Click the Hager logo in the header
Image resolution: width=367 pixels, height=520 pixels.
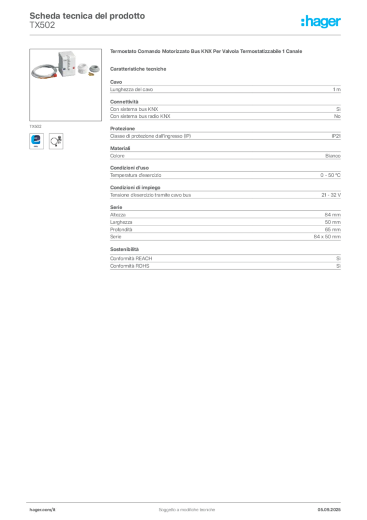(x=321, y=21)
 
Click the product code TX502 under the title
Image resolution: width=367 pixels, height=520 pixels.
(x=43, y=25)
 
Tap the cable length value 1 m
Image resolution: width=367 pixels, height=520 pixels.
(x=337, y=89)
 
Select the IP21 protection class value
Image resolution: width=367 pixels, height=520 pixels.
(x=336, y=136)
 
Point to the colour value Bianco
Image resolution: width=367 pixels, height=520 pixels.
(x=333, y=156)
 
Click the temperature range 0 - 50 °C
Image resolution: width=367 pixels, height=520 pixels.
(x=331, y=175)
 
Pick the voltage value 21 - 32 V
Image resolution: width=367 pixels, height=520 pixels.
(x=331, y=195)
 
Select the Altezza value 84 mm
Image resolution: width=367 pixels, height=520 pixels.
(x=333, y=215)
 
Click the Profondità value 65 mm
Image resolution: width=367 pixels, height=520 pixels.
(x=333, y=230)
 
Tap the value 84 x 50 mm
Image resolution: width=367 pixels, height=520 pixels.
(x=327, y=237)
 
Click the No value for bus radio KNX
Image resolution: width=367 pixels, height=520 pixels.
(x=337, y=116)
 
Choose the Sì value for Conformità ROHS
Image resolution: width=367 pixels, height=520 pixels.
(x=338, y=266)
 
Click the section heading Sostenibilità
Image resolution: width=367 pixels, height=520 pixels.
(x=124, y=249)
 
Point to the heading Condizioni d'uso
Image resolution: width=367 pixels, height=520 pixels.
(x=129, y=168)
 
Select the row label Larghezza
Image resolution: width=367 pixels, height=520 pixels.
(x=121, y=222)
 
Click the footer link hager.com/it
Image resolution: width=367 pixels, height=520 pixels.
(x=43, y=510)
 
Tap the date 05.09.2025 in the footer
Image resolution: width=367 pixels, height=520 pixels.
(x=329, y=510)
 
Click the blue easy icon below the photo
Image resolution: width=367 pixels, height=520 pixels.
(x=36, y=141)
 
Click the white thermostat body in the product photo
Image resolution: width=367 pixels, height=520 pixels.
(x=67, y=63)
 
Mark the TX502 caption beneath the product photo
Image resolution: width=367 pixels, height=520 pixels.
(x=35, y=126)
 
